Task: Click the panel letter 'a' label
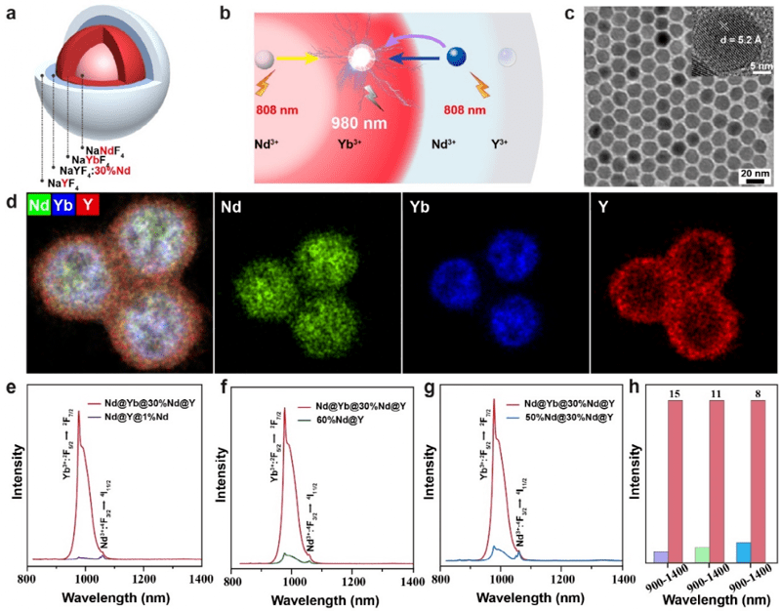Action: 12,12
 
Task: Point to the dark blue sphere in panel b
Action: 455,57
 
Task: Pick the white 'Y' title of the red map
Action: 599,207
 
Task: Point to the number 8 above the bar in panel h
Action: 760,393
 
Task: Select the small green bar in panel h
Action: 701,554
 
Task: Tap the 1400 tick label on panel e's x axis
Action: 198,579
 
